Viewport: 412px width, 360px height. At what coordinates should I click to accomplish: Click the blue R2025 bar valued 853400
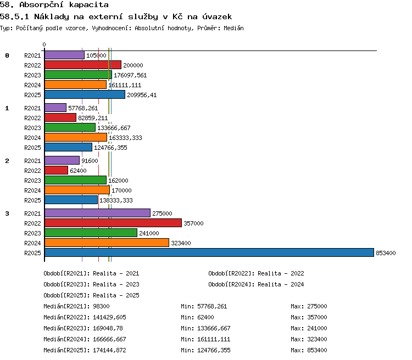(x=209, y=252)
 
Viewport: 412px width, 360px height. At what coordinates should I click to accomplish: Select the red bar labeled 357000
(x=113, y=223)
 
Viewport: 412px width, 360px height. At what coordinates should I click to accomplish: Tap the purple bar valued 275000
(x=97, y=213)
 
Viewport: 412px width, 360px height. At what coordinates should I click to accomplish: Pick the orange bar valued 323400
(x=107, y=243)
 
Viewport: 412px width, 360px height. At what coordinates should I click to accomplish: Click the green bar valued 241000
(x=91, y=233)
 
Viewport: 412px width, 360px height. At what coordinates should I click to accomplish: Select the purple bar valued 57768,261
(x=55, y=108)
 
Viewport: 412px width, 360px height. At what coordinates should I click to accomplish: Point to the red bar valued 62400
(x=56, y=170)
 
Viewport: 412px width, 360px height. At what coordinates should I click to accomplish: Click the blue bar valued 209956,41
(x=85, y=94)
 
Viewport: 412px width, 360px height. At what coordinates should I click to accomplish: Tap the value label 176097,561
(x=130, y=75)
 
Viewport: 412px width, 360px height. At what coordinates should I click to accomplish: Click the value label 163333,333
(x=125, y=138)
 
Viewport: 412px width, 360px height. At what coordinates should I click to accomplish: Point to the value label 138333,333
(x=116, y=200)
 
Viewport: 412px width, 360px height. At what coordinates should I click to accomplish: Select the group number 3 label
(x=7, y=213)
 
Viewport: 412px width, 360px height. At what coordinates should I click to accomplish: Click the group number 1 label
(x=7, y=108)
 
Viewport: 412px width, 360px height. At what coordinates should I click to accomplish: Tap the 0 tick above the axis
(x=44, y=44)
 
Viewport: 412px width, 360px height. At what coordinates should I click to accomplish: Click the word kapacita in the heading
(x=89, y=5)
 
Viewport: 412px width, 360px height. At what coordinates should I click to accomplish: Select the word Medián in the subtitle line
(x=233, y=28)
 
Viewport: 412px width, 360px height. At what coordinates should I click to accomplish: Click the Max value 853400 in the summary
(x=317, y=350)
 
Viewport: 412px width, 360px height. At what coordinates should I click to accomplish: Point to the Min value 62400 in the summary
(x=206, y=317)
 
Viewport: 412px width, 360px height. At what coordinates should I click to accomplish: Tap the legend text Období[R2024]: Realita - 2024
(x=256, y=284)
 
